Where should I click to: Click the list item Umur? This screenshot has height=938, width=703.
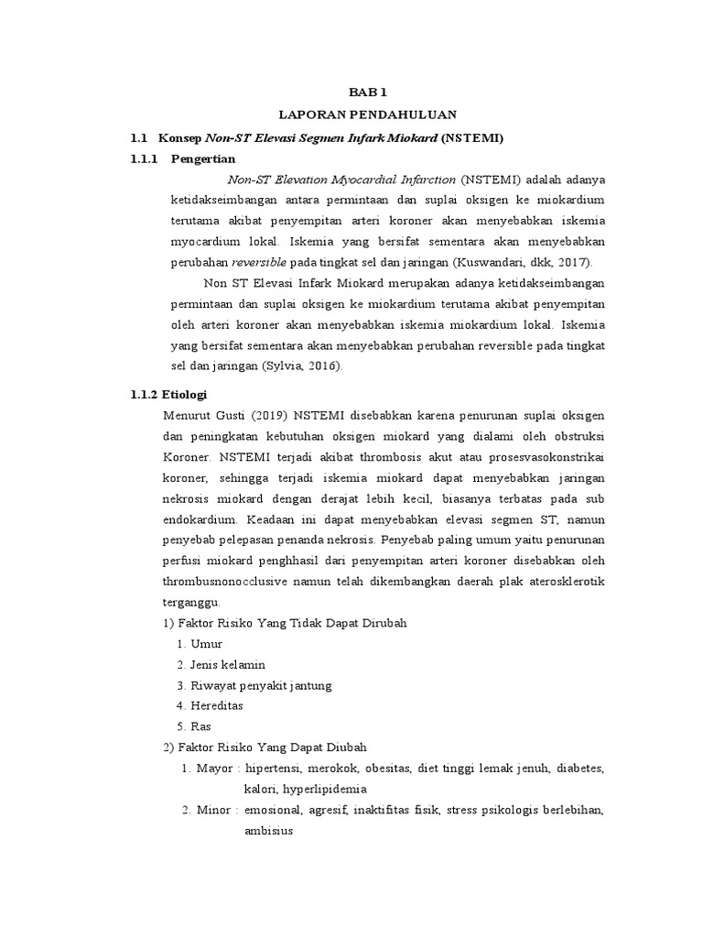pos(206,643)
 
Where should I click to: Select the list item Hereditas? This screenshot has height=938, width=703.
pos(218,706)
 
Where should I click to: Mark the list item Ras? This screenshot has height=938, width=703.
pos(200,727)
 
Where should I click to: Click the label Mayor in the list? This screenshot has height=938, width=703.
pos(214,768)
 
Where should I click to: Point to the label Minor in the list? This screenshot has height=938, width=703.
pos(214,810)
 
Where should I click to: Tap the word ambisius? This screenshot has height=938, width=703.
pos(268,832)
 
